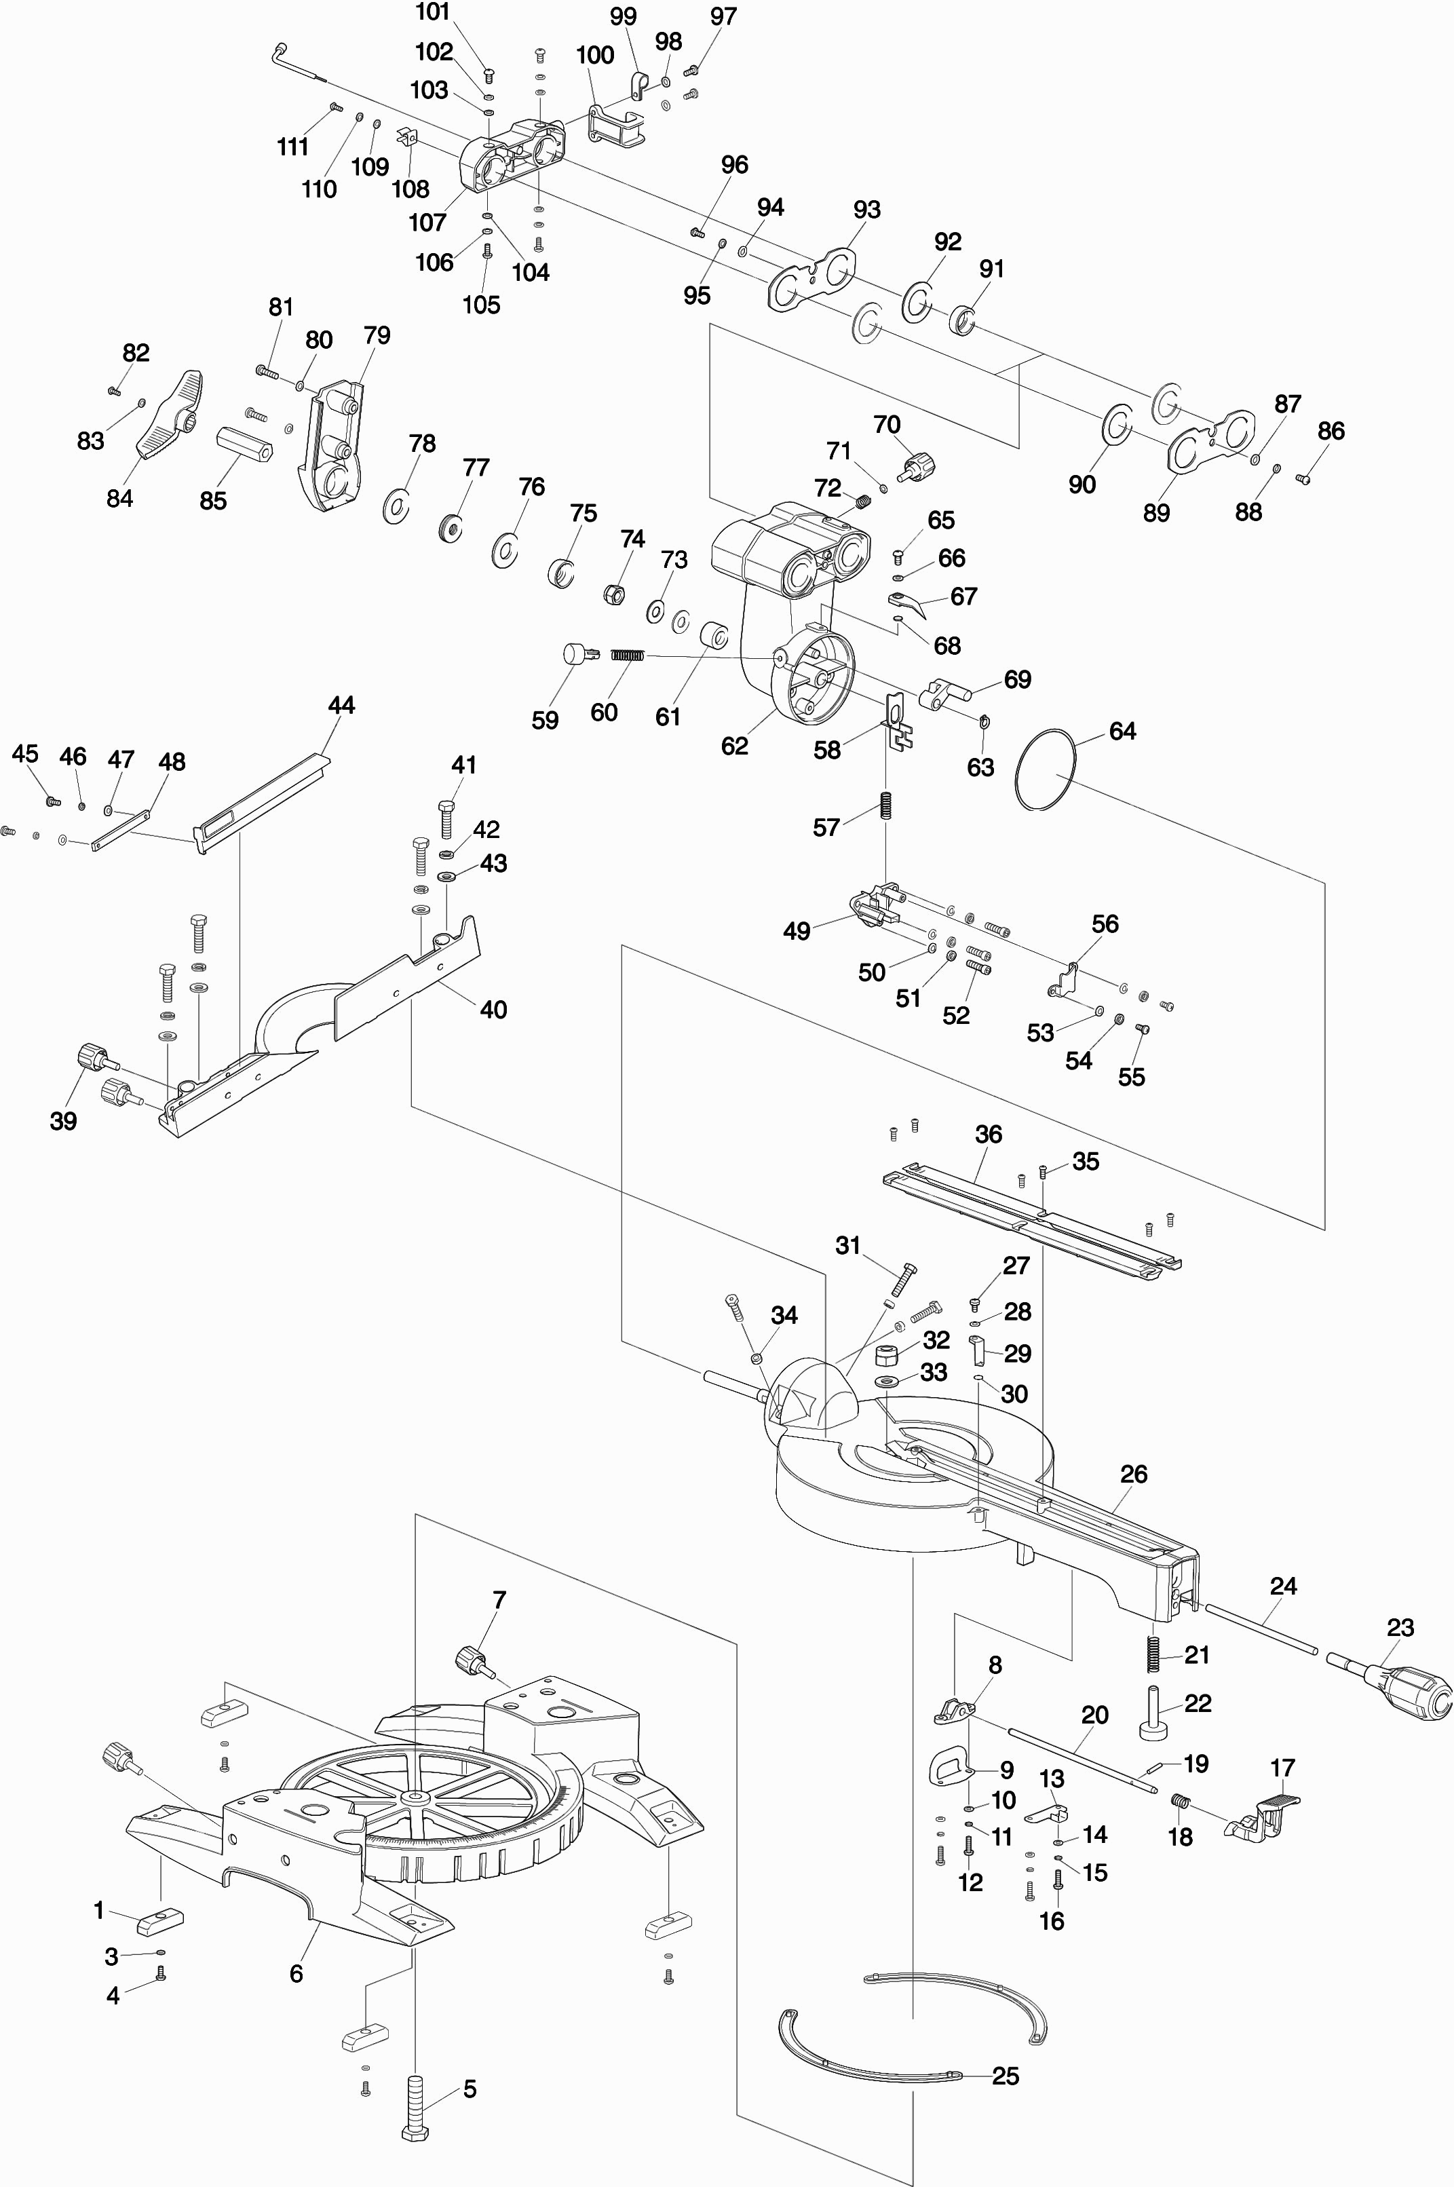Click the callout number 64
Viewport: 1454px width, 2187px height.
(1122, 731)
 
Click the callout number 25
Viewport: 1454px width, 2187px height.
(1006, 2076)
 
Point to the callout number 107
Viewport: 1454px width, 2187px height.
(427, 223)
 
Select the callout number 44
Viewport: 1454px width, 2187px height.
(341, 706)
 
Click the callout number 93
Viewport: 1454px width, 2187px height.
(866, 210)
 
